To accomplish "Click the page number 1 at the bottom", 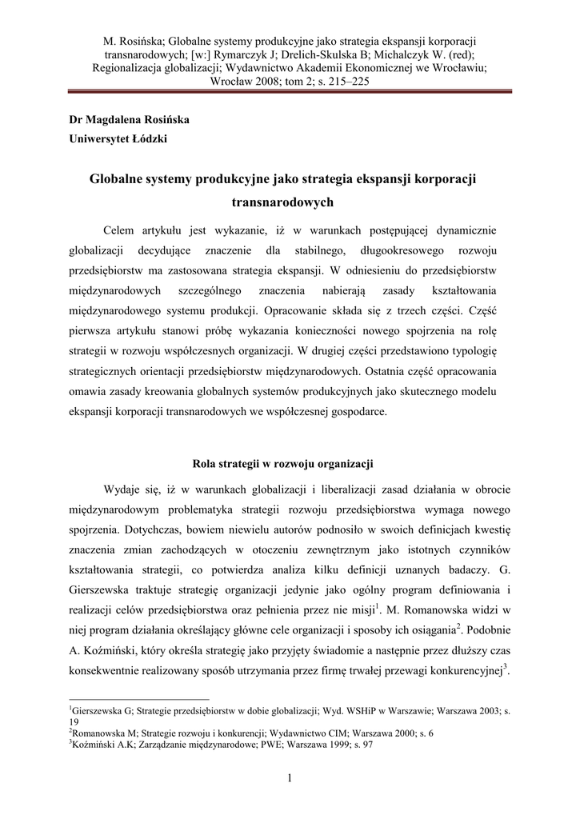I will click(290, 780).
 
